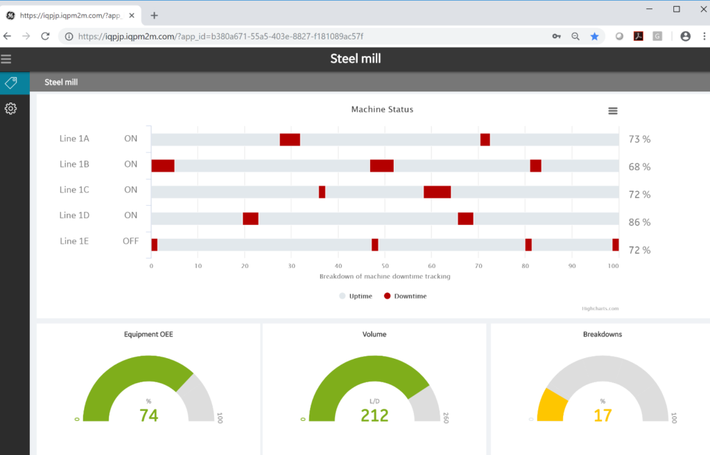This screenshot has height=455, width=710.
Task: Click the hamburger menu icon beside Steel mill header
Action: [6, 60]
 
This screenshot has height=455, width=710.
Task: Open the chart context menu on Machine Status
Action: [612, 111]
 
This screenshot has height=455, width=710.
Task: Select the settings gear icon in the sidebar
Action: [10, 109]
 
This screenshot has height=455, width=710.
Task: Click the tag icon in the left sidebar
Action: [10, 83]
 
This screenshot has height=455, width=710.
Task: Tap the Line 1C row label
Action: [74, 190]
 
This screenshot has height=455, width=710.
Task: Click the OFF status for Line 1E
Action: [130, 241]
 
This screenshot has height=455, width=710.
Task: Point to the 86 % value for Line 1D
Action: [639, 222]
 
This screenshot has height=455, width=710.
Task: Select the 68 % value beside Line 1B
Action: [639, 167]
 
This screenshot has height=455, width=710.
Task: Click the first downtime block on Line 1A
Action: [290, 140]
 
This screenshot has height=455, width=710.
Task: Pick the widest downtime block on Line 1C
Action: [437, 192]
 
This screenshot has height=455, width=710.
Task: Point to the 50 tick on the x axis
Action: [385, 265]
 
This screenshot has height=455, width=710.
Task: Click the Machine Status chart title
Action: [382, 109]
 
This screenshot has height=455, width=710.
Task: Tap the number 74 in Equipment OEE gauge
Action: [149, 416]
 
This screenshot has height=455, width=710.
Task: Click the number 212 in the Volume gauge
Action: [374, 416]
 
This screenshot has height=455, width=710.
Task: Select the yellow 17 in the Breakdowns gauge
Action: [602, 416]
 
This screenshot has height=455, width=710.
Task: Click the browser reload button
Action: [45, 36]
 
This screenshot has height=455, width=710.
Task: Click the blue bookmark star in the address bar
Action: [594, 36]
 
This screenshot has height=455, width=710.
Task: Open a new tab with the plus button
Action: [154, 15]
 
